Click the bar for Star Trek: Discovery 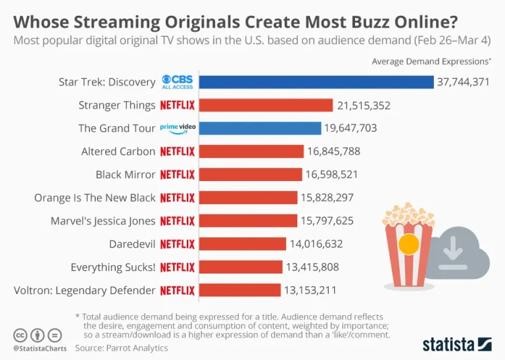pyautogui.click(x=316, y=82)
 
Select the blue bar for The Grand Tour pyautogui.click(x=260, y=128)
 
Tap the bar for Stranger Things pyautogui.click(x=266, y=105)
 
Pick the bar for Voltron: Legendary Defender pyautogui.click(x=239, y=290)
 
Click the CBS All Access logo pyautogui.click(x=178, y=82)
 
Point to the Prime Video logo pyautogui.click(x=178, y=128)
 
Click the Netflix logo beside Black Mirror pyautogui.click(x=178, y=174)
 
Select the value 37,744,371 pyautogui.click(x=463, y=82)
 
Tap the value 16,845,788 pyautogui.click(x=333, y=151)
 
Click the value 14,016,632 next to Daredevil pyautogui.click(x=316, y=244)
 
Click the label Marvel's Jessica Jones pyautogui.click(x=103, y=221)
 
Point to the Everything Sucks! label pyautogui.click(x=113, y=267)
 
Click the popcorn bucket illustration pyautogui.click(x=408, y=247)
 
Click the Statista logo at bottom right pyautogui.click(x=456, y=344)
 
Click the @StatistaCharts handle pyautogui.click(x=37, y=347)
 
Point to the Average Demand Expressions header pyautogui.click(x=431, y=62)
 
